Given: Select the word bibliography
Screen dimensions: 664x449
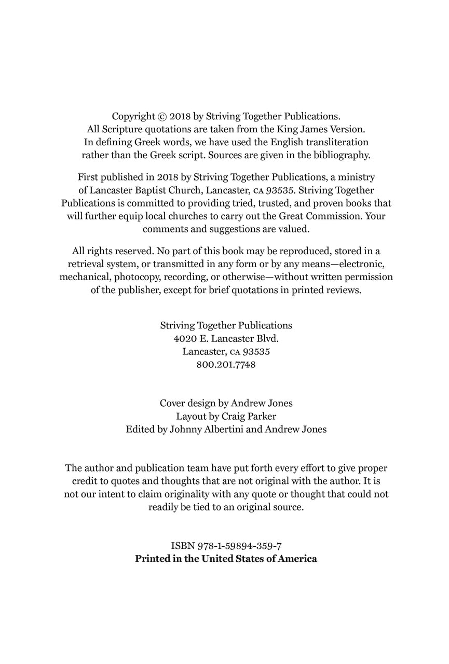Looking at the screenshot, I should tap(339, 155).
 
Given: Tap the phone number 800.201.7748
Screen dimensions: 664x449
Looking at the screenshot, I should tap(226, 364).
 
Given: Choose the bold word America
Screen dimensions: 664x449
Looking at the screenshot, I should tap(297, 559).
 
